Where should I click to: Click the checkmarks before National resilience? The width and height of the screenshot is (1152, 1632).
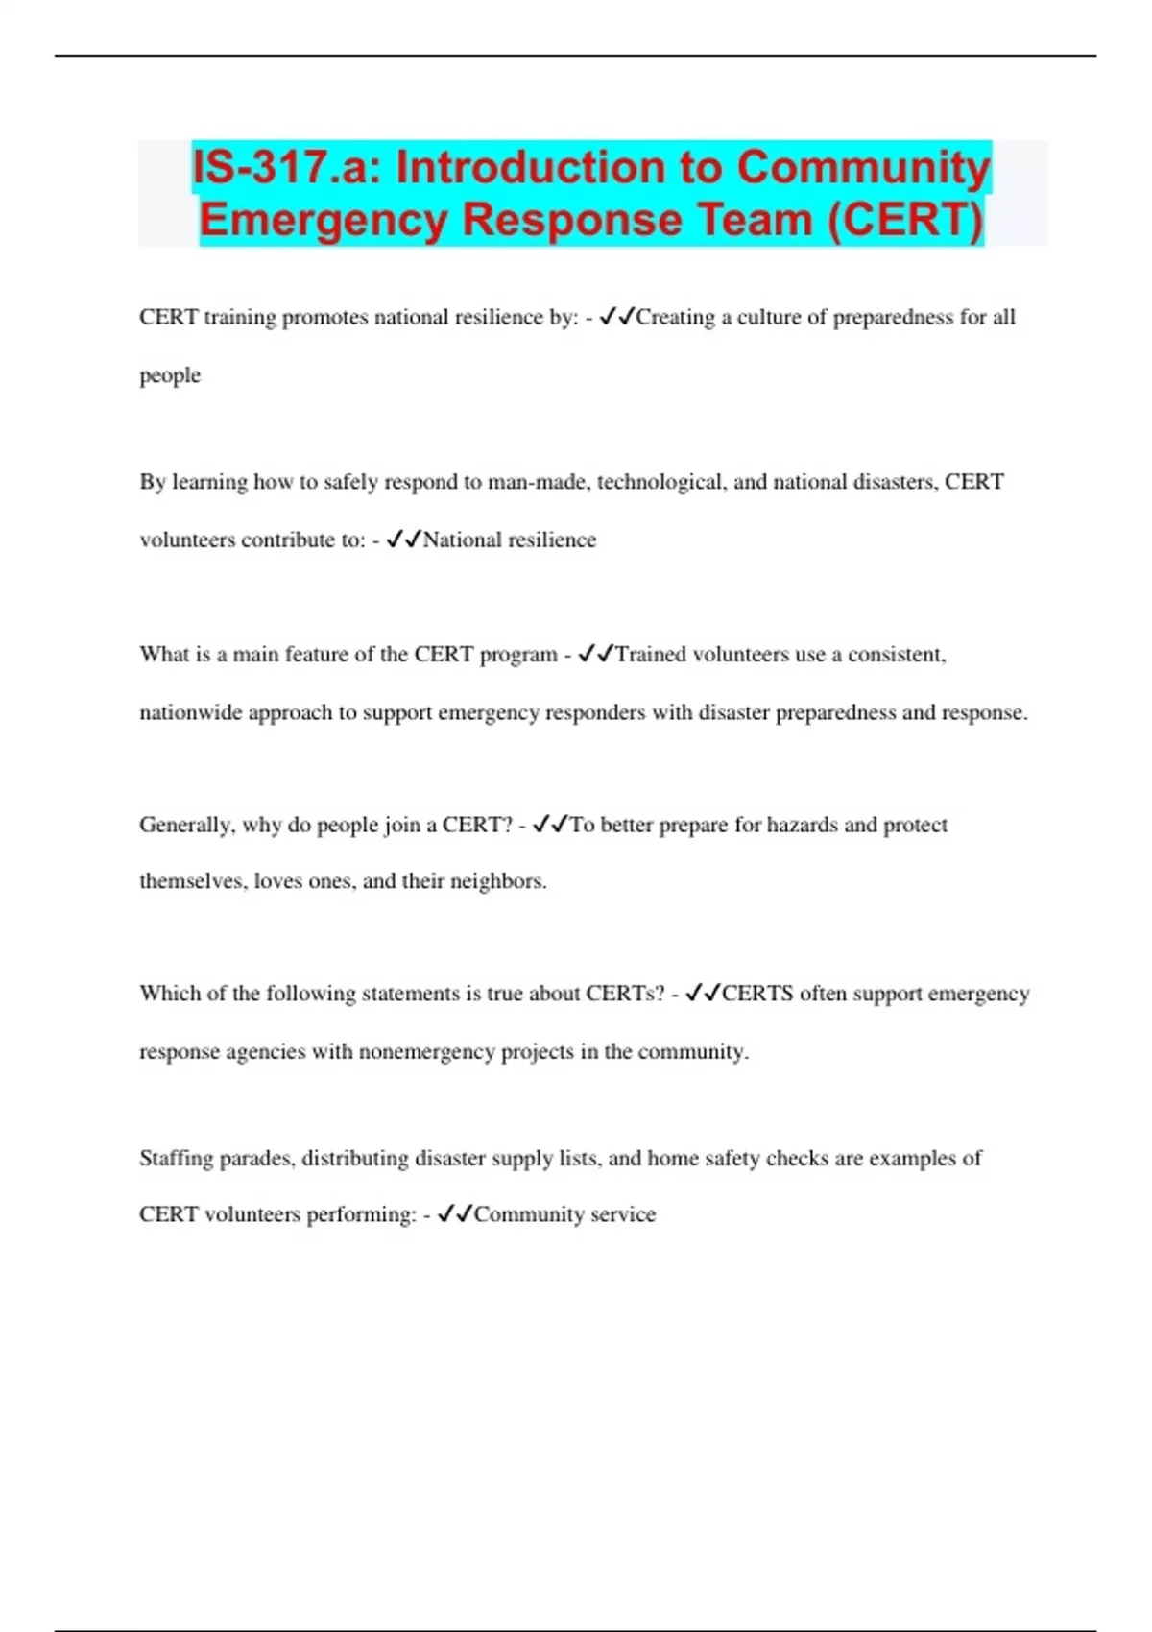403,540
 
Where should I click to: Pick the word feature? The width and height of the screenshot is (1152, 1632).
316,655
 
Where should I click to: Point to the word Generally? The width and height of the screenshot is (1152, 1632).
186,825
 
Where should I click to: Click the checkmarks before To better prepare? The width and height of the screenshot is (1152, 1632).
550,825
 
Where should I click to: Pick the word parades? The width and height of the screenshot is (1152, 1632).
255,1159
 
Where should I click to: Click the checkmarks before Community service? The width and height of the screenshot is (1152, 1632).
454,1215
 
